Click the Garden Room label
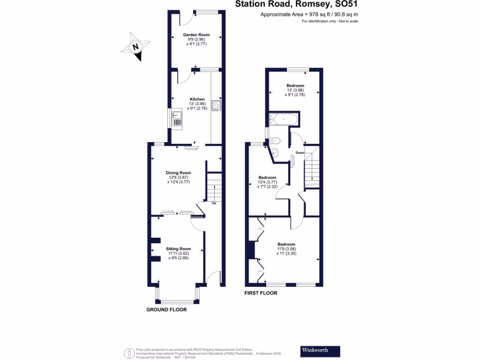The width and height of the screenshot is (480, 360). click(x=196, y=35)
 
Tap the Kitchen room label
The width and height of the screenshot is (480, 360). click(x=197, y=99)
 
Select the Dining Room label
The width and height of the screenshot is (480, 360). click(x=180, y=173)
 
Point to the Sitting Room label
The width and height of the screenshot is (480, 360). click(x=179, y=249)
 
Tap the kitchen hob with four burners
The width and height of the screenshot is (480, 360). click(x=217, y=105)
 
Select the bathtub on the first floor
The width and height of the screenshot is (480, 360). click(x=283, y=120)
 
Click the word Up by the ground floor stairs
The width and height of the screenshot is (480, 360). click(x=214, y=204)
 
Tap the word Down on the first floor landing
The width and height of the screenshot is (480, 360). click(x=300, y=153)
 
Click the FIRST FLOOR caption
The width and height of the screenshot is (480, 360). click(x=261, y=293)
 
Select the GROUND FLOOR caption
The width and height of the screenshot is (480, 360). click(x=166, y=310)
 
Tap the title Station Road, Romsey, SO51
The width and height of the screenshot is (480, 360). click(x=298, y=5)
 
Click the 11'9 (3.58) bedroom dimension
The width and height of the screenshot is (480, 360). click(x=286, y=249)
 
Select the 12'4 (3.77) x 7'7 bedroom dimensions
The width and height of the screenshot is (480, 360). click(x=267, y=185)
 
